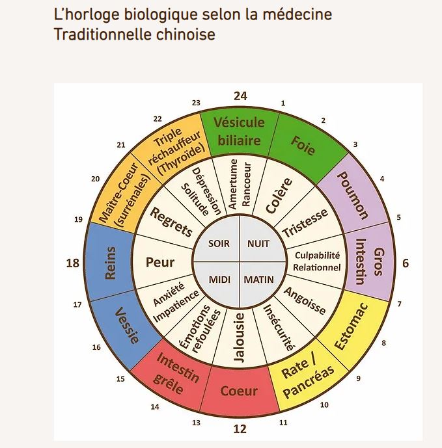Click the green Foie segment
pyautogui.click(x=302, y=145)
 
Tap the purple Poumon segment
pyautogui.click(x=354, y=196)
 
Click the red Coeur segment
pyautogui.click(x=239, y=391)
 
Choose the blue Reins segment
pyautogui.click(x=110, y=262)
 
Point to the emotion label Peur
pyautogui.click(x=161, y=263)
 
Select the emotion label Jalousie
pyautogui.click(x=240, y=337)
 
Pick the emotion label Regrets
pyautogui.click(x=171, y=222)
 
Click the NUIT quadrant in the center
pyautogui.click(x=258, y=244)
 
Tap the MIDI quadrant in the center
pyautogui.click(x=219, y=280)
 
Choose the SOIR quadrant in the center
pyautogui.click(x=219, y=244)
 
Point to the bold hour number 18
pyautogui.click(x=73, y=263)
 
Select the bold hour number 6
pyautogui.click(x=405, y=263)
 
